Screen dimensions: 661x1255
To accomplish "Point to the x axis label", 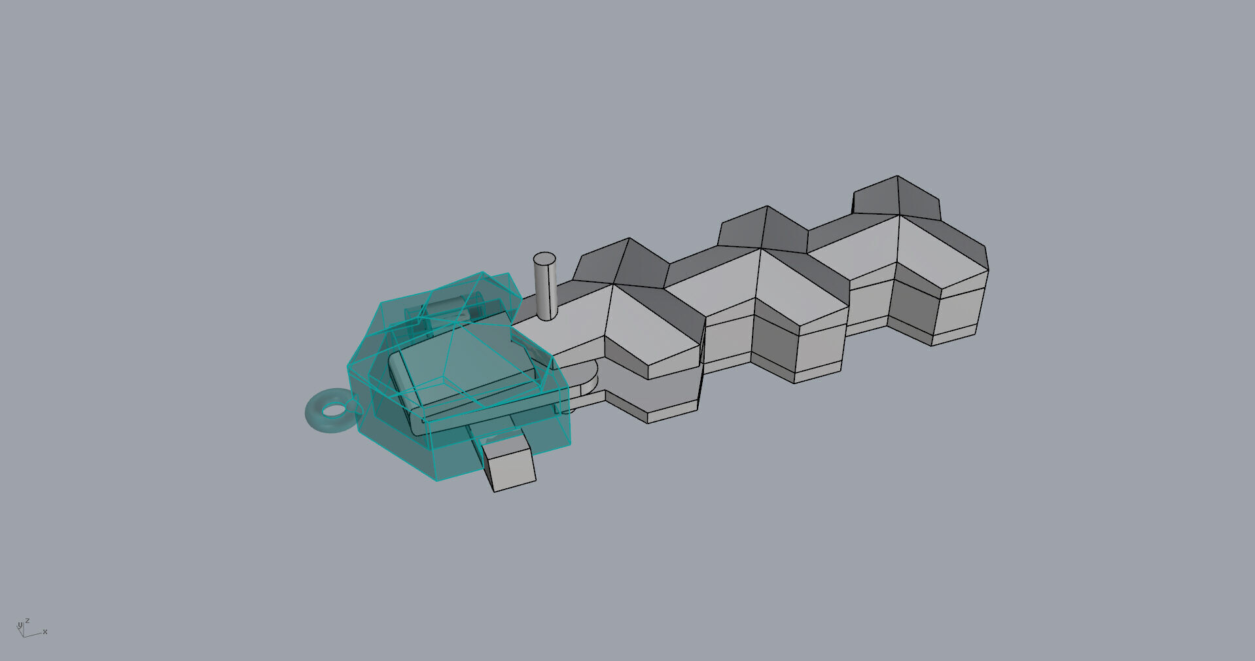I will pos(45,632).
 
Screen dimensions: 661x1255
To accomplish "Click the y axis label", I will pos(20,626).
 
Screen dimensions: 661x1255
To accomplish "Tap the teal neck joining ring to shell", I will pos(357,406).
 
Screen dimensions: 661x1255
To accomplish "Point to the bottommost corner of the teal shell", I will pos(435,480).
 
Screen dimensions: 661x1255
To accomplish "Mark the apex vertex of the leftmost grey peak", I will pos(629,238).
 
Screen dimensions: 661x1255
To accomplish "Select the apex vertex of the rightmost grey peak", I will pos(897,176).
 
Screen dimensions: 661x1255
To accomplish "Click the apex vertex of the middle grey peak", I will pos(767,207).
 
